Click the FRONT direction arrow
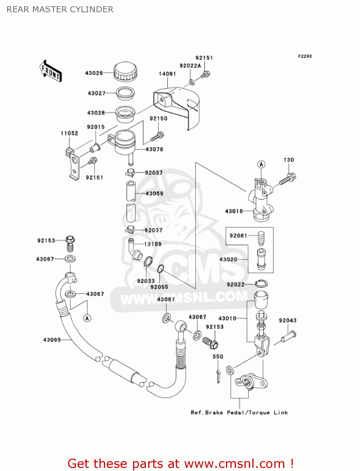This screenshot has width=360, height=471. point(51,71)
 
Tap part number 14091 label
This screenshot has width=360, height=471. point(167,74)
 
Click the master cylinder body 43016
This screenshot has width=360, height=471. point(261,199)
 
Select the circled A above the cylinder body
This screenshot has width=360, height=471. point(261,164)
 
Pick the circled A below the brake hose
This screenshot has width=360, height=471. point(87,318)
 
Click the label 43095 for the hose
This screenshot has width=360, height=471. point(52,340)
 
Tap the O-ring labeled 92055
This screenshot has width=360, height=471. point(160,269)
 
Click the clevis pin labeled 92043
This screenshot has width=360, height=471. point(288,337)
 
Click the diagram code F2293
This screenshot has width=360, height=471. point(305,56)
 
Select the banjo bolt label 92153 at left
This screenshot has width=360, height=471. point(46,241)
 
